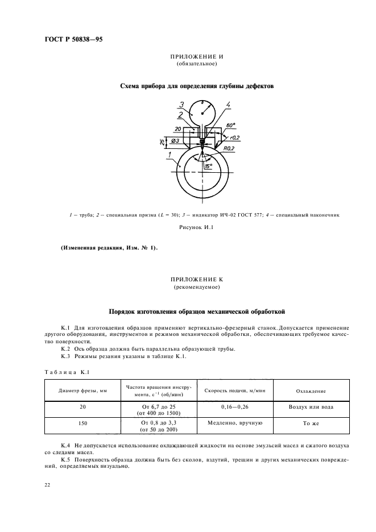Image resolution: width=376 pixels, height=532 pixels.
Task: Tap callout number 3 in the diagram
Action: pyautogui.click(x=181, y=104)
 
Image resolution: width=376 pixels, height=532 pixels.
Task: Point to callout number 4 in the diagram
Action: pyautogui.click(x=227, y=104)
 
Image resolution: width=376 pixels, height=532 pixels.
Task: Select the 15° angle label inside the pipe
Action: pyautogui.click(x=208, y=165)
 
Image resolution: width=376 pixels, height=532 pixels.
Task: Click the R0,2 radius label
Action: pyautogui.click(x=229, y=148)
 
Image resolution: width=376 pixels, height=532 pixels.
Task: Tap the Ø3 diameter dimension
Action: pyautogui.click(x=176, y=141)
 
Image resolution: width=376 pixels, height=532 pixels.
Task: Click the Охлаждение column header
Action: pyautogui.click(x=311, y=390)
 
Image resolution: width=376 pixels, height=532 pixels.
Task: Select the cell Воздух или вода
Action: pyautogui.click(x=311, y=407)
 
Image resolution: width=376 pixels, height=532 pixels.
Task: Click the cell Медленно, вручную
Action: pyautogui.click(x=233, y=423)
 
